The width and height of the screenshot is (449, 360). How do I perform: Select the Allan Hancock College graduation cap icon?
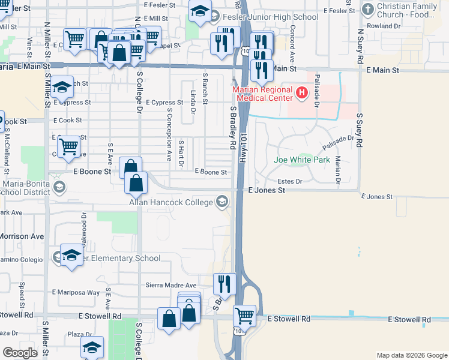223,202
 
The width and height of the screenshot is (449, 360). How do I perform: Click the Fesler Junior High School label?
272,17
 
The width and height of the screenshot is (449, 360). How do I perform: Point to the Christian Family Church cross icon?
368,10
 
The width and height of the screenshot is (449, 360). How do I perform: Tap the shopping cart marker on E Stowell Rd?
244,315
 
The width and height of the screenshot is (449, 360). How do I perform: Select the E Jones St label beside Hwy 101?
266,190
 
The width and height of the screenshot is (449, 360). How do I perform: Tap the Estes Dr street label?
289,181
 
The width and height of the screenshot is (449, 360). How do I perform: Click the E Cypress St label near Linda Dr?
164,103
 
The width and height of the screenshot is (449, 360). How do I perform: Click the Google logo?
20,353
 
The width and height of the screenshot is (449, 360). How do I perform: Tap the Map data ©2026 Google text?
411,355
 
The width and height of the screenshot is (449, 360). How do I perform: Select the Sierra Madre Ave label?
171,285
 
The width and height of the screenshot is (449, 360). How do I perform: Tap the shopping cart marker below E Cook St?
70,145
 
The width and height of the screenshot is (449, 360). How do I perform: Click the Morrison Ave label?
22,236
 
